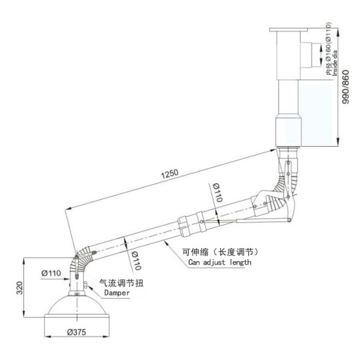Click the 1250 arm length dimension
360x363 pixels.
click(x=170, y=174)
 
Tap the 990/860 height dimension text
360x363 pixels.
click(x=346, y=87)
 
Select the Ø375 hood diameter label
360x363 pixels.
click(x=77, y=332)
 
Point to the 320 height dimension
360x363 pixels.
click(x=20, y=288)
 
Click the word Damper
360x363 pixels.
click(x=117, y=293)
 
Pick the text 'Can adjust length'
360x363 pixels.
click(x=220, y=262)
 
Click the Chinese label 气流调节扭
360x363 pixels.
click(x=121, y=283)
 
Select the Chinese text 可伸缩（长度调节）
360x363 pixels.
click(x=220, y=252)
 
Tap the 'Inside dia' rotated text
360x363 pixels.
click(x=335, y=63)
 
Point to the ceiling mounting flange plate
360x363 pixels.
click(x=288, y=30)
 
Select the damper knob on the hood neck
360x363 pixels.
click(x=85, y=285)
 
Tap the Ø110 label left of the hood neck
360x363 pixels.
click(x=51, y=273)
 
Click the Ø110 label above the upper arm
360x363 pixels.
click(x=217, y=192)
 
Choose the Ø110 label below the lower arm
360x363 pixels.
click(x=136, y=261)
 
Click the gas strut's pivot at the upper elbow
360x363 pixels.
click(x=289, y=220)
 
